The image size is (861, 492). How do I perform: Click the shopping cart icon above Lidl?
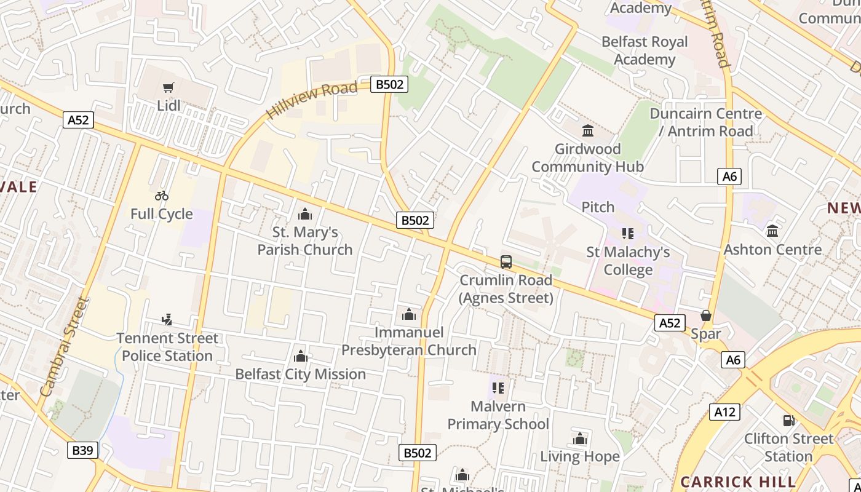[168, 88]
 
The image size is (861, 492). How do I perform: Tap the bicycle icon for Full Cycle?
[162, 196]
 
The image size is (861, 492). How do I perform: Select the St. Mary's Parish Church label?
[305, 241]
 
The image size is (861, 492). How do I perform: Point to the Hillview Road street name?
[312, 100]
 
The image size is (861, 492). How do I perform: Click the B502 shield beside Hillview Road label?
[389, 84]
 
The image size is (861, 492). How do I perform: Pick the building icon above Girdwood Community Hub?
[587, 130]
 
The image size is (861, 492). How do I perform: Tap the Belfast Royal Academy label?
[645, 50]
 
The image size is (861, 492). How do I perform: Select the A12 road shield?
[724, 412]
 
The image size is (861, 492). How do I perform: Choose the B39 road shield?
[82, 450]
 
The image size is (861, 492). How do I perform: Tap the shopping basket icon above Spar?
[705, 315]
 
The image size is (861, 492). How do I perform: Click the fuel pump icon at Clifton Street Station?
[788, 421]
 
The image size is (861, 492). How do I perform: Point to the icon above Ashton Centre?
[772, 231]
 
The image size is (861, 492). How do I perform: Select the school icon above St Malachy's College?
[627, 234]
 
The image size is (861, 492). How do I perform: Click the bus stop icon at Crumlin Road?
[506, 262]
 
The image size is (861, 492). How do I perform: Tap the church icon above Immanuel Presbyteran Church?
[409, 315]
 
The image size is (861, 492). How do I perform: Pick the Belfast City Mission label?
[300, 374]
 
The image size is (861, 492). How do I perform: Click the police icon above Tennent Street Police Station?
[167, 319]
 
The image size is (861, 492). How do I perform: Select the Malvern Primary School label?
[498, 415]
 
